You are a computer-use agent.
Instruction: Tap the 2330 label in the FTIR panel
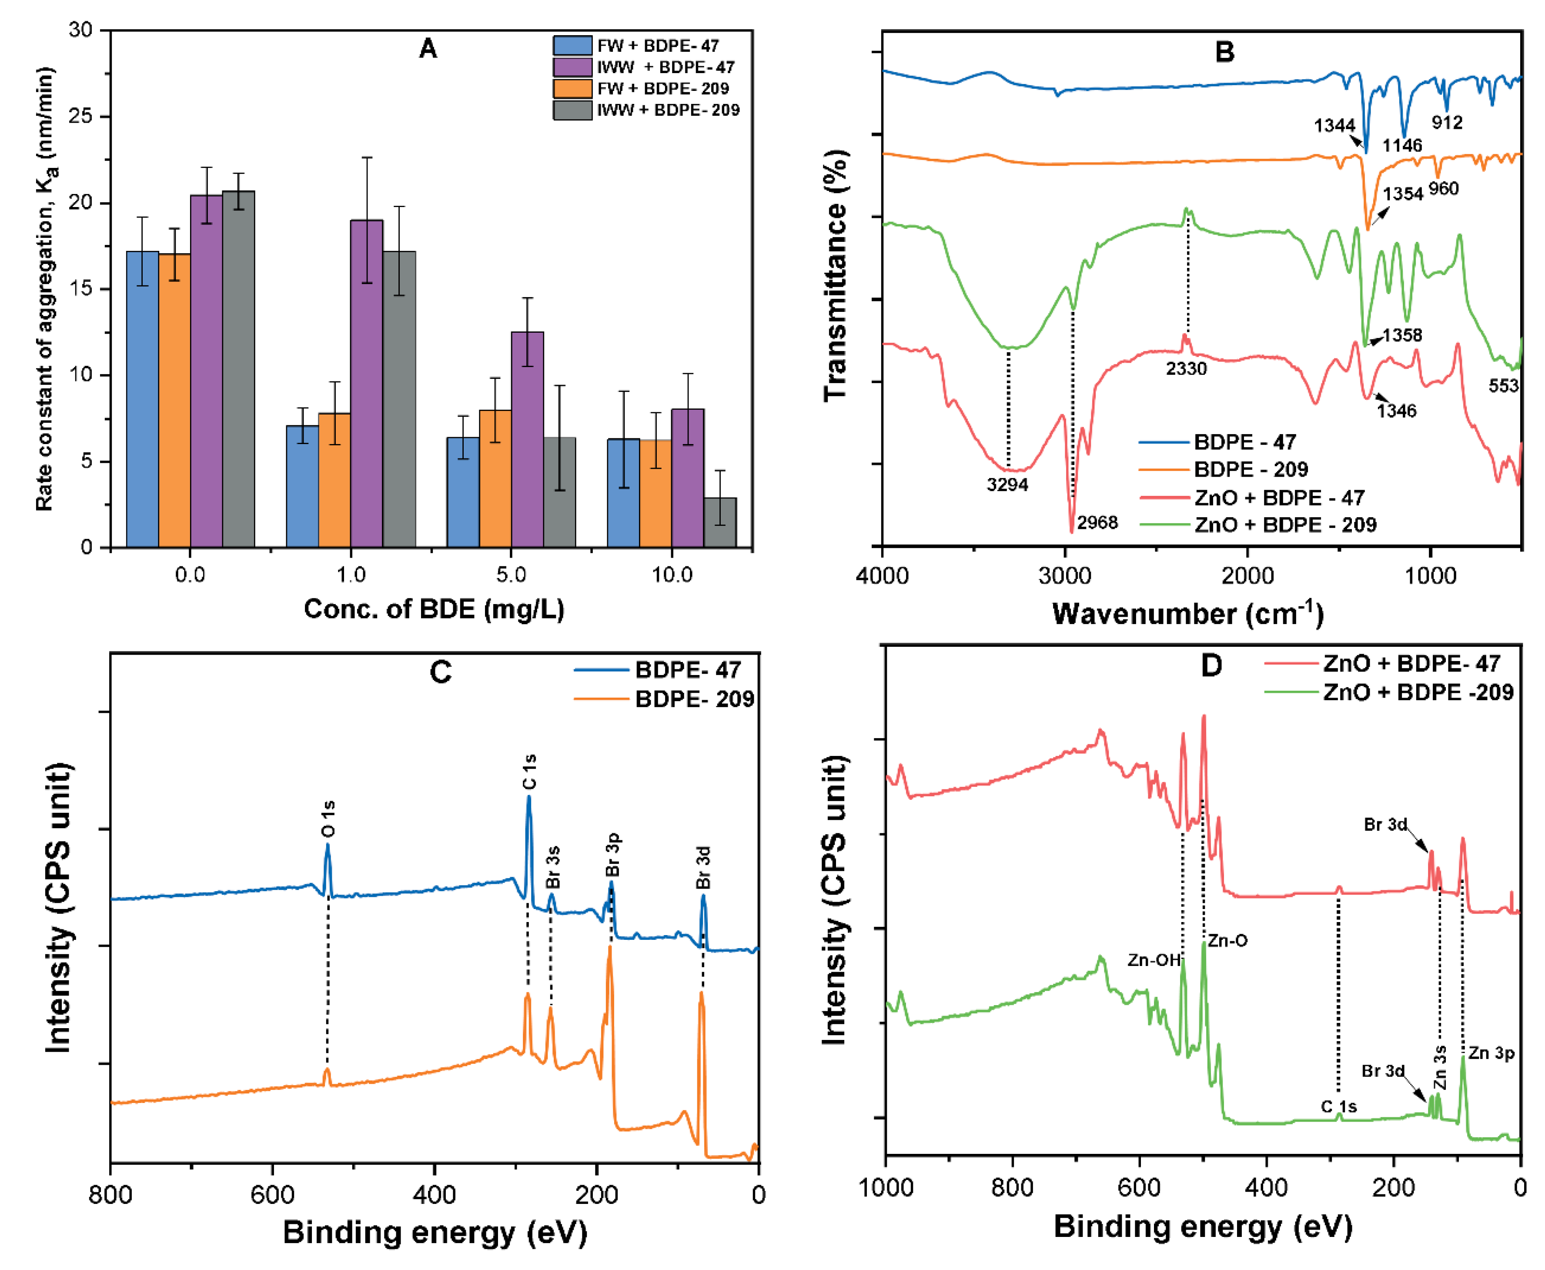click(x=1186, y=369)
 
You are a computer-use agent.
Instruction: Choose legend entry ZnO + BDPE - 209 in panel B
click(x=1284, y=525)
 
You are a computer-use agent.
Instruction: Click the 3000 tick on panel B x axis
click(x=1065, y=576)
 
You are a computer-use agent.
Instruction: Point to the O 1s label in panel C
click(x=328, y=819)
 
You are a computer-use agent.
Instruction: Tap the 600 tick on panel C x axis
click(x=272, y=1195)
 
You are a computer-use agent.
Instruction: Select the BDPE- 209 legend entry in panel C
click(x=693, y=699)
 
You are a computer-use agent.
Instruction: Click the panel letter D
click(x=1211, y=666)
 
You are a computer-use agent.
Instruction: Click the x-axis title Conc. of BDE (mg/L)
click(x=434, y=609)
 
